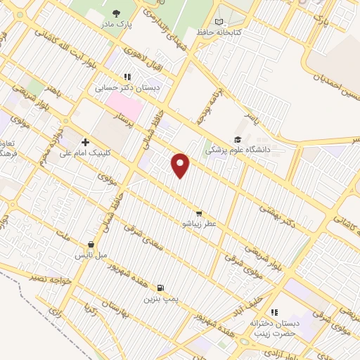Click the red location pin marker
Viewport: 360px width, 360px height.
point(181,165)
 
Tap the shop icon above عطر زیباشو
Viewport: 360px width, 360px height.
point(199,213)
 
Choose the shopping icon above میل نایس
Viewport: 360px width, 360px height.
point(91,244)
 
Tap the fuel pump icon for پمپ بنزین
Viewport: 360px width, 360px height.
point(162,288)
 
